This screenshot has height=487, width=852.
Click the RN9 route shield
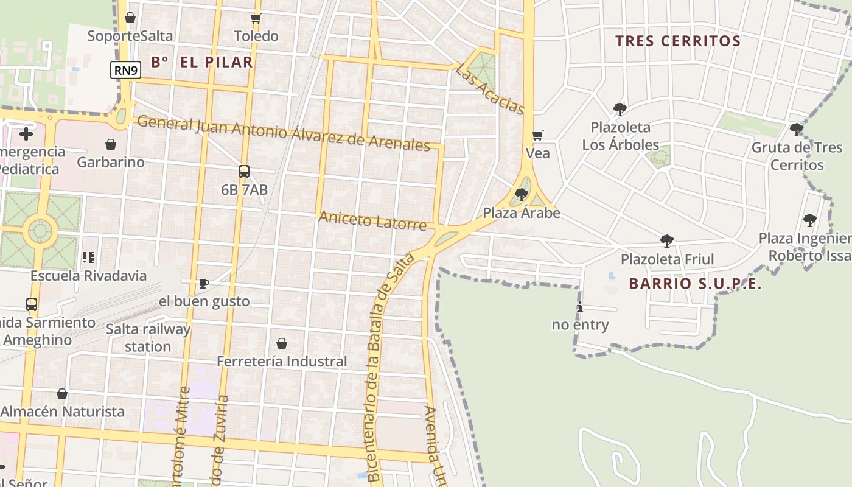tap(126, 71)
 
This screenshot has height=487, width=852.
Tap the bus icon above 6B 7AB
tap(244, 172)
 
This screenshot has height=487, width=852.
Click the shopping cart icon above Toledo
tap(256, 18)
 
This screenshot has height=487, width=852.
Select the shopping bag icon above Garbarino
tap(111, 144)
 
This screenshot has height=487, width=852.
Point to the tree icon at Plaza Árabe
tap(521, 195)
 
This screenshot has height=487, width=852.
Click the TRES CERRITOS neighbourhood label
tap(677, 41)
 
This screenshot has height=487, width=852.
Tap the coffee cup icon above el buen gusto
tap(204, 283)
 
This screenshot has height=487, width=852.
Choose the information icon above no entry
tap(580, 307)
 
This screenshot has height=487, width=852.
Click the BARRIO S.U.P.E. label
tap(695, 284)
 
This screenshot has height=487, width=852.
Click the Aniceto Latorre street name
tap(372, 221)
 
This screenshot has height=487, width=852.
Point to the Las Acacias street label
tap(490, 89)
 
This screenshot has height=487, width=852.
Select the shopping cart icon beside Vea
tap(537, 135)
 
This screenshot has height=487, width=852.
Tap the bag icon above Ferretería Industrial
tap(281, 343)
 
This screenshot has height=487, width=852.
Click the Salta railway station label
tap(148, 338)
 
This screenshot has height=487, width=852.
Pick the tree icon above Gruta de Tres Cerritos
tap(796, 129)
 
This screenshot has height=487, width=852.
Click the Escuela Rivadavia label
tap(89, 275)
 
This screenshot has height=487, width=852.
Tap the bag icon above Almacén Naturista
tap(62, 394)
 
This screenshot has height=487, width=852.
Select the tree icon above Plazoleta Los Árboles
tap(620, 110)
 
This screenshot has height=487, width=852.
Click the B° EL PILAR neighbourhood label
tap(201, 62)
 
